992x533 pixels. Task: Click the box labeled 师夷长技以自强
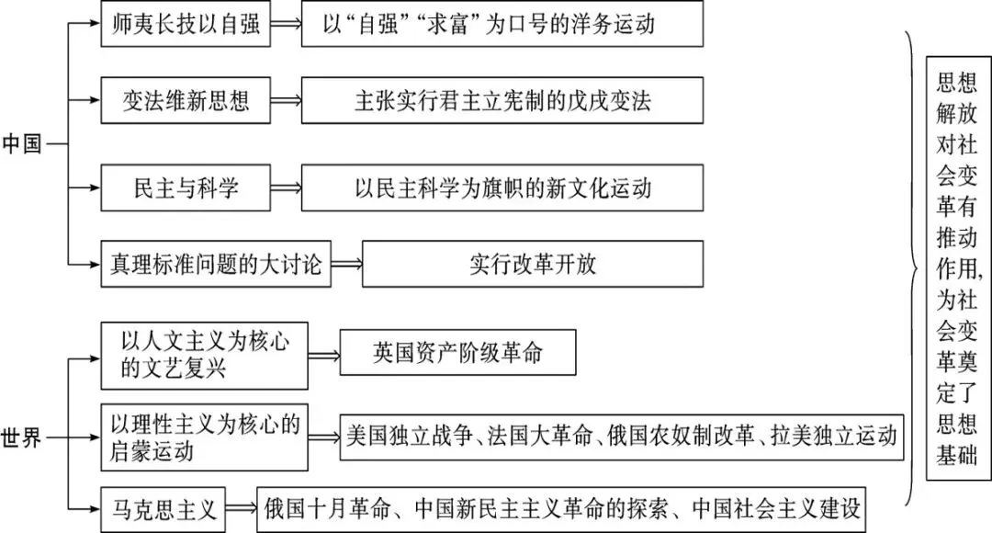186,24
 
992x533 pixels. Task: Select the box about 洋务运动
502,24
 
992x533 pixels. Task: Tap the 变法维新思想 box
186,101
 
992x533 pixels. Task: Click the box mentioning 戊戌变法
502,101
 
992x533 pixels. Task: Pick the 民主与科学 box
186,188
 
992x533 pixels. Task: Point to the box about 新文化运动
502,188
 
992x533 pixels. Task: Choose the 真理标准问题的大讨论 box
216,264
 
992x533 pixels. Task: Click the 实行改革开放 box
533,264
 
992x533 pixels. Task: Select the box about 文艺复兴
204,356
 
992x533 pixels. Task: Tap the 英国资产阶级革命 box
458,353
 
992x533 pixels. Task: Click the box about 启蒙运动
204,437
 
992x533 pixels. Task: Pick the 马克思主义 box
163,510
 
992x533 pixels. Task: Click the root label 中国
21,143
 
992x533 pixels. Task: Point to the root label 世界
21,437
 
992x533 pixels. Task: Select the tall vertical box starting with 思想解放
958,268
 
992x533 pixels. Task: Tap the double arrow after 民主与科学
286,188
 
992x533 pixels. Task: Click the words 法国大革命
540,437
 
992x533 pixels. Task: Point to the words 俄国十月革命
327,509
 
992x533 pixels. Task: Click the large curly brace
911,268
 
